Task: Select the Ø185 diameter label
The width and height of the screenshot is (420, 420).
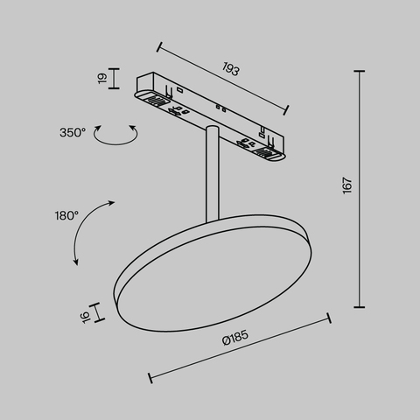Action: [235, 339]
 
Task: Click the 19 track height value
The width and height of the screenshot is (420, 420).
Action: [102, 78]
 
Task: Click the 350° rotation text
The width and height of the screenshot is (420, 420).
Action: [73, 132]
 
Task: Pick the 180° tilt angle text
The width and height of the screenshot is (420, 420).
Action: [66, 213]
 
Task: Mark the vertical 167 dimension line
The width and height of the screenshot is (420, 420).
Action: [360, 188]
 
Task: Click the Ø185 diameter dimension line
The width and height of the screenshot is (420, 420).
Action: [239, 347]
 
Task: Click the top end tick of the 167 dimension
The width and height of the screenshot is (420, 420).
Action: [360, 71]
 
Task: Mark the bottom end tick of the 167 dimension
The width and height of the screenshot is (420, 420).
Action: [360, 306]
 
